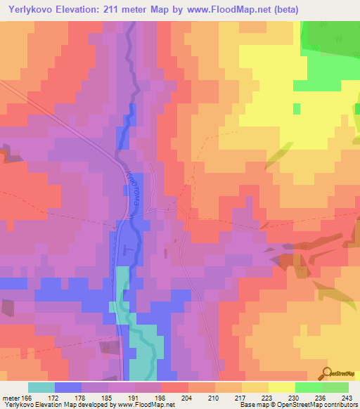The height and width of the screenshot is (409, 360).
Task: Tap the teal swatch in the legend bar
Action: click(41, 387)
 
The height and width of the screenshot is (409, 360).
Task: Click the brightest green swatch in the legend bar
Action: click(308, 387)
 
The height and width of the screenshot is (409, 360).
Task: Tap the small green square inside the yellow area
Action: click(296, 108)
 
